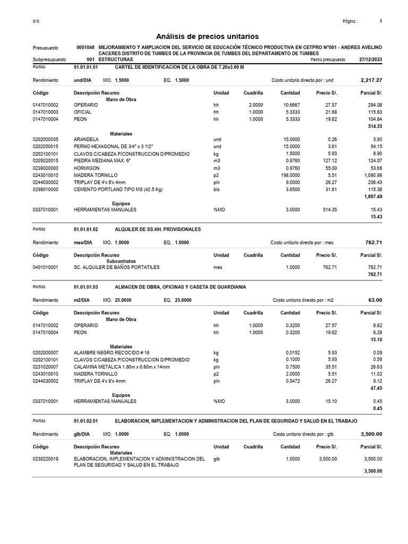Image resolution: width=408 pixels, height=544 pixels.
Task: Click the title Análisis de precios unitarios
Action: click(207, 37)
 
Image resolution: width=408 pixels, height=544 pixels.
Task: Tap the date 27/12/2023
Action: click(370, 60)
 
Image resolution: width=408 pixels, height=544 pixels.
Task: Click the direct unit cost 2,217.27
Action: click(371, 80)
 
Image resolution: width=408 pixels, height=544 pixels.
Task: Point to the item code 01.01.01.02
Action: click(86, 229)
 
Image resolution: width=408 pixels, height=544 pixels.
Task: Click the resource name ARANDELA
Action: click(86, 139)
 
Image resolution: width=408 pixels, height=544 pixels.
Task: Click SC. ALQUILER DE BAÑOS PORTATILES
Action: click(116, 267)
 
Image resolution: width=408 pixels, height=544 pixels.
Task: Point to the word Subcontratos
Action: click(121, 261)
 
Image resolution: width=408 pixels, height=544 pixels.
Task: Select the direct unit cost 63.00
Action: click(375, 300)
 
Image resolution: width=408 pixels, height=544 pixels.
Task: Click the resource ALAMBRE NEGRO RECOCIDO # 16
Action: click(112, 353)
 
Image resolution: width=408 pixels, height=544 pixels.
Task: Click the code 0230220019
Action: click(46, 458)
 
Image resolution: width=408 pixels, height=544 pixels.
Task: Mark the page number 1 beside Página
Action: click(381, 21)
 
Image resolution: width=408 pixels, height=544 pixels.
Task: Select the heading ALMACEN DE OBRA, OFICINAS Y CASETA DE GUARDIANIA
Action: click(180, 287)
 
